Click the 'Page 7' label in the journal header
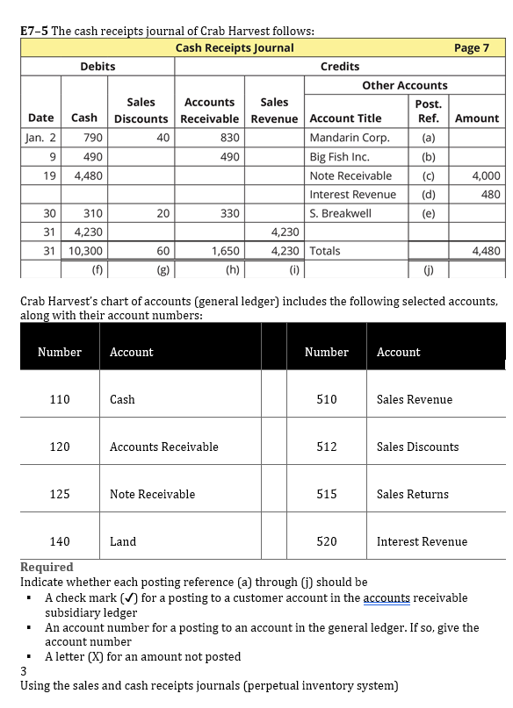pyautogui.click(x=471, y=47)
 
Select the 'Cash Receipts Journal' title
pyautogui.click(x=235, y=47)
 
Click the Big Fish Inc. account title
pyautogui.click(x=339, y=157)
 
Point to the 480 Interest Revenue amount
pyautogui.click(x=490, y=194)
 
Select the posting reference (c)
pyautogui.click(x=428, y=175)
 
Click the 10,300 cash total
pyautogui.click(x=84, y=251)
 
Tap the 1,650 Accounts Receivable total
pyautogui.click(x=227, y=251)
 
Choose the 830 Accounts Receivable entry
pyautogui.click(x=230, y=137)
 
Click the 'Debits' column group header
pyautogui.click(x=98, y=67)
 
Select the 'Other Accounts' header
pyautogui.click(x=404, y=85)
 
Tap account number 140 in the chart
pyautogui.click(x=60, y=541)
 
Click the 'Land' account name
pyautogui.click(x=122, y=541)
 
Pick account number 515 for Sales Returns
pyautogui.click(x=326, y=494)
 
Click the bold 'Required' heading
pyautogui.click(x=47, y=567)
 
